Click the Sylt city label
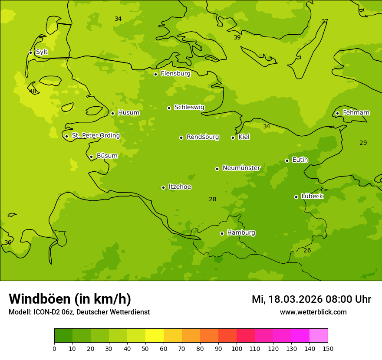[x=42, y=52]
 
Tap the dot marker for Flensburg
[x=155, y=74]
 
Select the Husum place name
[x=128, y=113]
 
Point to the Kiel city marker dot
[x=233, y=137]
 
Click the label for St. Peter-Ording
[x=95, y=136]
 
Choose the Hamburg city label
[x=241, y=233]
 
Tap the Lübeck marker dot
[x=296, y=197]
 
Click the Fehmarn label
[x=356, y=113]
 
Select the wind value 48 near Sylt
[x=33, y=91]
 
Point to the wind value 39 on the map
[x=237, y=38]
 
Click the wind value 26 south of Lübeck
[x=307, y=251]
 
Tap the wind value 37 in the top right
[x=325, y=22]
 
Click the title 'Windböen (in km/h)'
[x=70, y=299]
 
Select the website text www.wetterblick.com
[x=313, y=312]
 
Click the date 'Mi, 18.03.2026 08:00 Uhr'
[x=311, y=299]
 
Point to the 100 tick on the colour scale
[x=237, y=348]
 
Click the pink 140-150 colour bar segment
[x=319, y=336]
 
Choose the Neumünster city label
[x=241, y=168]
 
